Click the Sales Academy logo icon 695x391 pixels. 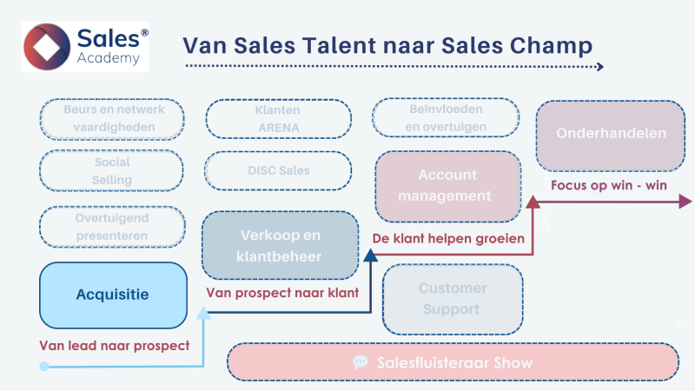click(50, 46)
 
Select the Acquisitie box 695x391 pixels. click(113, 295)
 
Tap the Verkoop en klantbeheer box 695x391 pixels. click(280, 245)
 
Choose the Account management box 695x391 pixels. click(447, 185)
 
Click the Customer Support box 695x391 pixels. click(452, 299)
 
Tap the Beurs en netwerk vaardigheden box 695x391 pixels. click(113, 118)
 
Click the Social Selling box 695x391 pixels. click(113, 171)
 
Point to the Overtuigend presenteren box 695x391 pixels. click(113, 227)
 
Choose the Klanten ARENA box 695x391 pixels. click(278, 119)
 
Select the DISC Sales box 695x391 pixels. click(278, 170)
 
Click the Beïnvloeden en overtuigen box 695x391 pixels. click(446, 118)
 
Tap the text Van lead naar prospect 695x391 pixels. click(114, 346)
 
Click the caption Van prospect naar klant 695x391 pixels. click(283, 293)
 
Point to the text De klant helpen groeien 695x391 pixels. click(448, 238)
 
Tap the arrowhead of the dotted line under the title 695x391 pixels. click(599, 66)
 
